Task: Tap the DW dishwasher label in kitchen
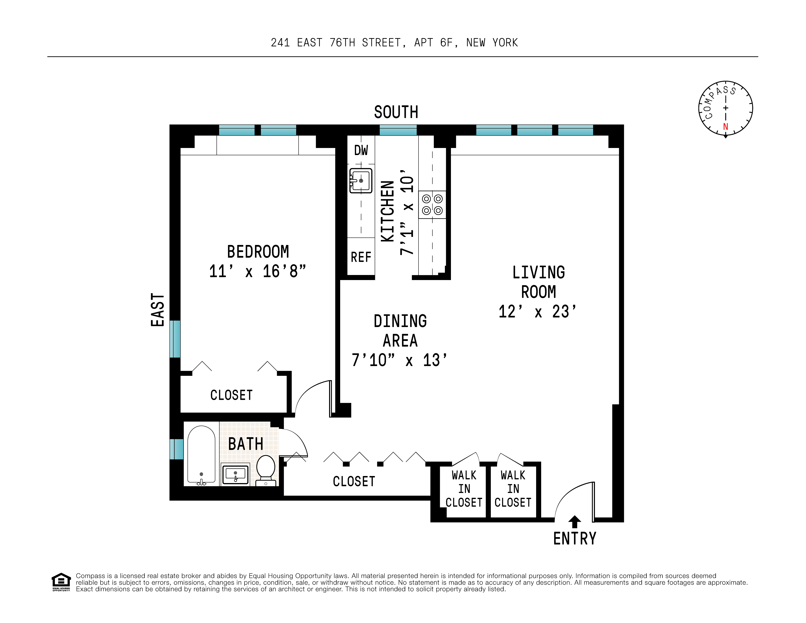pyautogui.click(x=361, y=150)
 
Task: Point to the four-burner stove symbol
pyautogui.click(x=432, y=205)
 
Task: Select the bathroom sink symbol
pyautogui.click(x=235, y=474)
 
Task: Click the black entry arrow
pyautogui.click(x=575, y=522)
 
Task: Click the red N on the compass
pyautogui.click(x=726, y=127)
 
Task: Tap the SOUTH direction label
pyautogui.click(x=396, y=112)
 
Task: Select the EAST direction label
pyautogui.click(x=157, y=310)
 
